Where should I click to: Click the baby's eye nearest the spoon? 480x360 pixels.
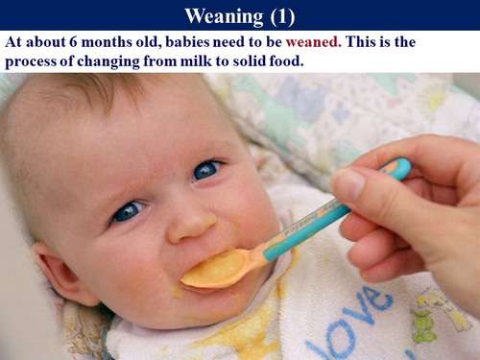tap(205, 170)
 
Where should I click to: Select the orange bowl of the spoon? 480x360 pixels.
tap(216, 272)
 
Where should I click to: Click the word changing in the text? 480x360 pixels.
tap(131, 61)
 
